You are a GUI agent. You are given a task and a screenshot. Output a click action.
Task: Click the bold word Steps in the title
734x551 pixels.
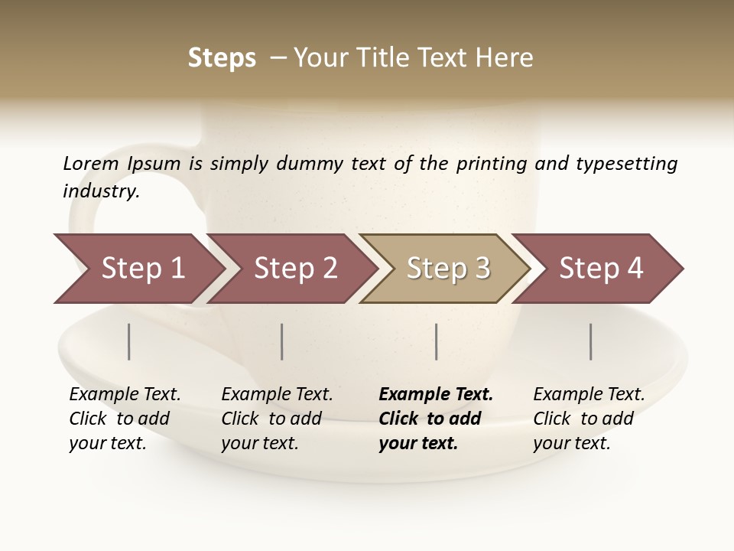point(222,58)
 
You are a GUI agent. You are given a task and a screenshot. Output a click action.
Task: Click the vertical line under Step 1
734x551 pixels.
point(129,341)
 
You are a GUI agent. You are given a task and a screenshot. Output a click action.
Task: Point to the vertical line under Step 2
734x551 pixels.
point(282,341)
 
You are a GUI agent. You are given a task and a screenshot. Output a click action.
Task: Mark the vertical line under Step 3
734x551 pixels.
point(437,341)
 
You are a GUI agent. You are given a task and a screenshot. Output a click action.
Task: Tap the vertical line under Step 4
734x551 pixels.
point(591,341)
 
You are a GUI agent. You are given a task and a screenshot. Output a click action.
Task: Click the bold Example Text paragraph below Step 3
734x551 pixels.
point(436,419)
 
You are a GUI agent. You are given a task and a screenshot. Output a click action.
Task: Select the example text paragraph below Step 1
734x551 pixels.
point(125,419)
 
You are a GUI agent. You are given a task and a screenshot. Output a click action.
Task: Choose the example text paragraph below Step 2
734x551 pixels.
point(277,419)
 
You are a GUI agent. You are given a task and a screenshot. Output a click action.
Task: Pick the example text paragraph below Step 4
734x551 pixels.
point(589,419)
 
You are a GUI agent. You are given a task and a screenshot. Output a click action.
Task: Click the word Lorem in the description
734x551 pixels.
point(90,164)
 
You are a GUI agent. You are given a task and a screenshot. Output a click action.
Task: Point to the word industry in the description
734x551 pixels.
point(101,191)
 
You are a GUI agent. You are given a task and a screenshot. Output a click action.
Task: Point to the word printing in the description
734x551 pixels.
point(492,164)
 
